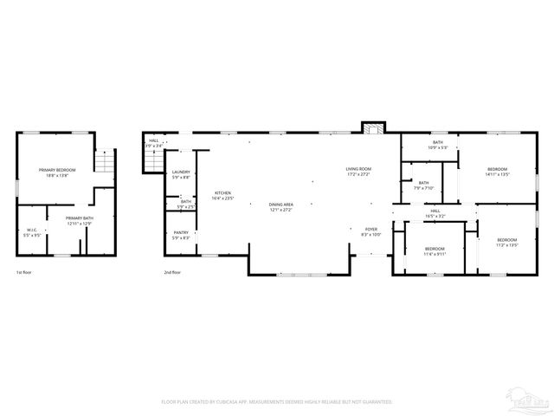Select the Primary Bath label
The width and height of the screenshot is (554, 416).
[80, 221]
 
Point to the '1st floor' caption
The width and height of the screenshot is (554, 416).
[24, 272]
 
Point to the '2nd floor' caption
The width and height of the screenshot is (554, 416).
[171, 272]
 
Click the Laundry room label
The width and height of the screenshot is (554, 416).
[181, 174]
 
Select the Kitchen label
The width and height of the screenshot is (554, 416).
[223, 195]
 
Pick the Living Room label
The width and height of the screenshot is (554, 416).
[358, 171]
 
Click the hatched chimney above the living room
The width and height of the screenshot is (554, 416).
[372, 128]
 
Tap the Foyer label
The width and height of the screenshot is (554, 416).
[370, 231]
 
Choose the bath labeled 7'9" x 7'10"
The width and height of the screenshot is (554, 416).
[423, 185]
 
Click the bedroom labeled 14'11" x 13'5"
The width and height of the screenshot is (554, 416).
[497, 171]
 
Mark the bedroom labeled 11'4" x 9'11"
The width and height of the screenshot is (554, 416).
[435, 251]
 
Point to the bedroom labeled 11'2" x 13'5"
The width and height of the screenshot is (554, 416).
[506, 242]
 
